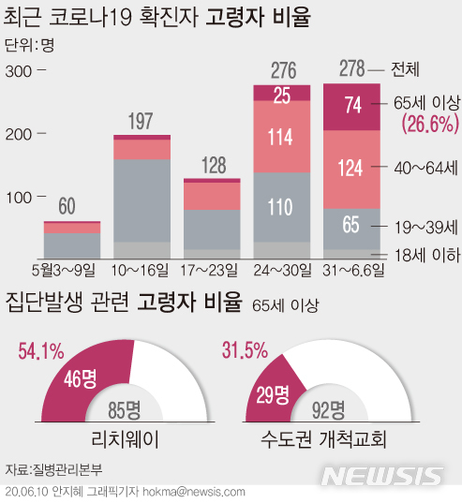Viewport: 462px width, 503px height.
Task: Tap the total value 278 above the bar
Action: click(352, 70)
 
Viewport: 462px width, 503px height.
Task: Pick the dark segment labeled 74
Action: click(352, 106)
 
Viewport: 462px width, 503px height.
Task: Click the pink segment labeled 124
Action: click(352, 170)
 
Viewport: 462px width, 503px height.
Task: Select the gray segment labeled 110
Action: click(282, 209)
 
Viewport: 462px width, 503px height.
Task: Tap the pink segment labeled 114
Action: click(282, 137)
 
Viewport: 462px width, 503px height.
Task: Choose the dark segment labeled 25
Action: click(282, 94)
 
